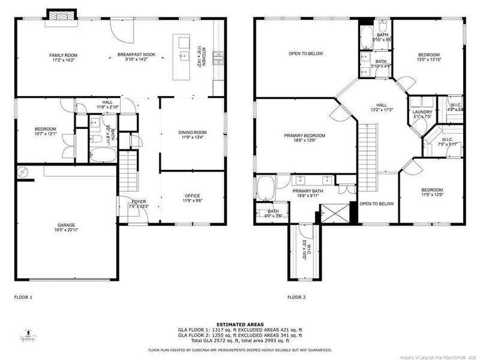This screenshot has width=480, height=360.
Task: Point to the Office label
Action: click(x=192, y=198)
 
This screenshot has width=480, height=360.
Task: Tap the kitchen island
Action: click(x=181, y=57)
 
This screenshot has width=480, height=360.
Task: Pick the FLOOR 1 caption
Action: click(x=23, y=297)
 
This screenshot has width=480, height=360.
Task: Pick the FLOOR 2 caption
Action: click(x=296, y=297)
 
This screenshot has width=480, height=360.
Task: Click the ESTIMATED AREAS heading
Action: click(x=240, y=324)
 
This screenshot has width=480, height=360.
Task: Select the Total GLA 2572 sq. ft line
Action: click(x=240, y=339)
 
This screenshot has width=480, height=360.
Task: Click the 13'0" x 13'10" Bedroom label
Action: click(x=428, y=57)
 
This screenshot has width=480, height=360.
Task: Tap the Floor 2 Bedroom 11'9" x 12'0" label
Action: click(x=431, y=193)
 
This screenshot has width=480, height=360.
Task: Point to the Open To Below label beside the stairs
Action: click(x=376, y=203)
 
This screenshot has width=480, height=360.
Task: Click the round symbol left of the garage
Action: click(x=23, y=172)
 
